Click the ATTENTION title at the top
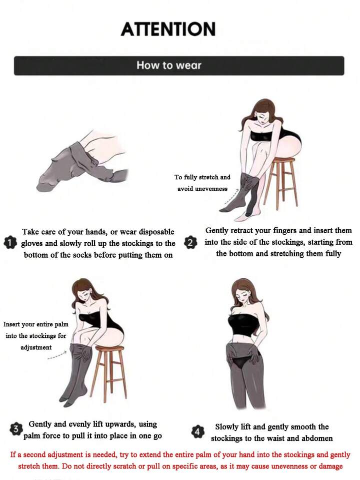click(168, 29)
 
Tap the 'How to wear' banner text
click(169, 65)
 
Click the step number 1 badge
click(10, 243)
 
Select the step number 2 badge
click(190, 243)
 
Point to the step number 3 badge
click(16, 429)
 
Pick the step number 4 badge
click(197, 431)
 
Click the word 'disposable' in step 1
click(156, 232)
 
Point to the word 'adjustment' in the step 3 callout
click(36, 347)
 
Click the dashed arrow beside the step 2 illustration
click(231, 197)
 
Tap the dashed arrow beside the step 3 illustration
click(57, 355)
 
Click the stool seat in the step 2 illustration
click(284, 160)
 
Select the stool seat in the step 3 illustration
click(110, 348)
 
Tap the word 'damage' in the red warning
click(330, 466)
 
